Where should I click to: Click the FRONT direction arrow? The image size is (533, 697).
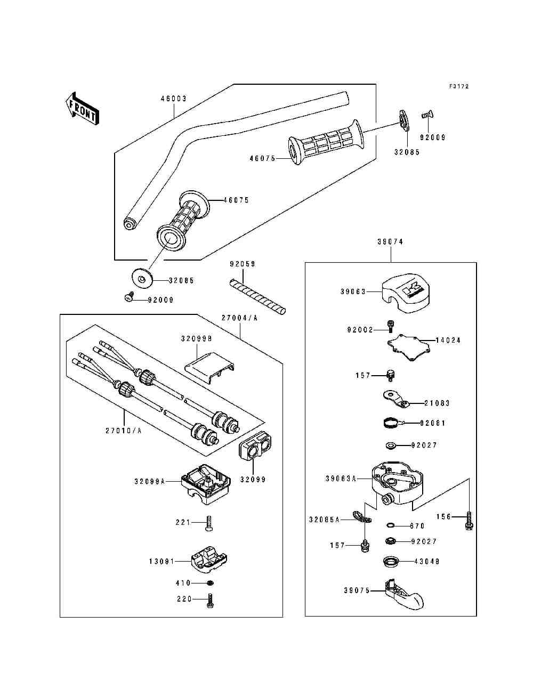[81, 109]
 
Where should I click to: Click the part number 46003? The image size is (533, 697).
[174, 99]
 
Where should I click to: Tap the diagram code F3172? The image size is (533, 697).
[458, 86]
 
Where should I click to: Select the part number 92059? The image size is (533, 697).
[243, 264]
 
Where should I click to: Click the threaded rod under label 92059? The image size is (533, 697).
[257, 296]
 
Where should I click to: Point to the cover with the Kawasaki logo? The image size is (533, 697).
[404, 292]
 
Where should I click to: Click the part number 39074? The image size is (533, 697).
[390, 242]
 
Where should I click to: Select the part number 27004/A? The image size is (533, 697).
[239, 318]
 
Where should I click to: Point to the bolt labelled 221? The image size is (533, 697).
[208, 524]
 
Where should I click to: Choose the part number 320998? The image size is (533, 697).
[196, 338]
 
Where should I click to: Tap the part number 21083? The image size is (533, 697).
[437, 403]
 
